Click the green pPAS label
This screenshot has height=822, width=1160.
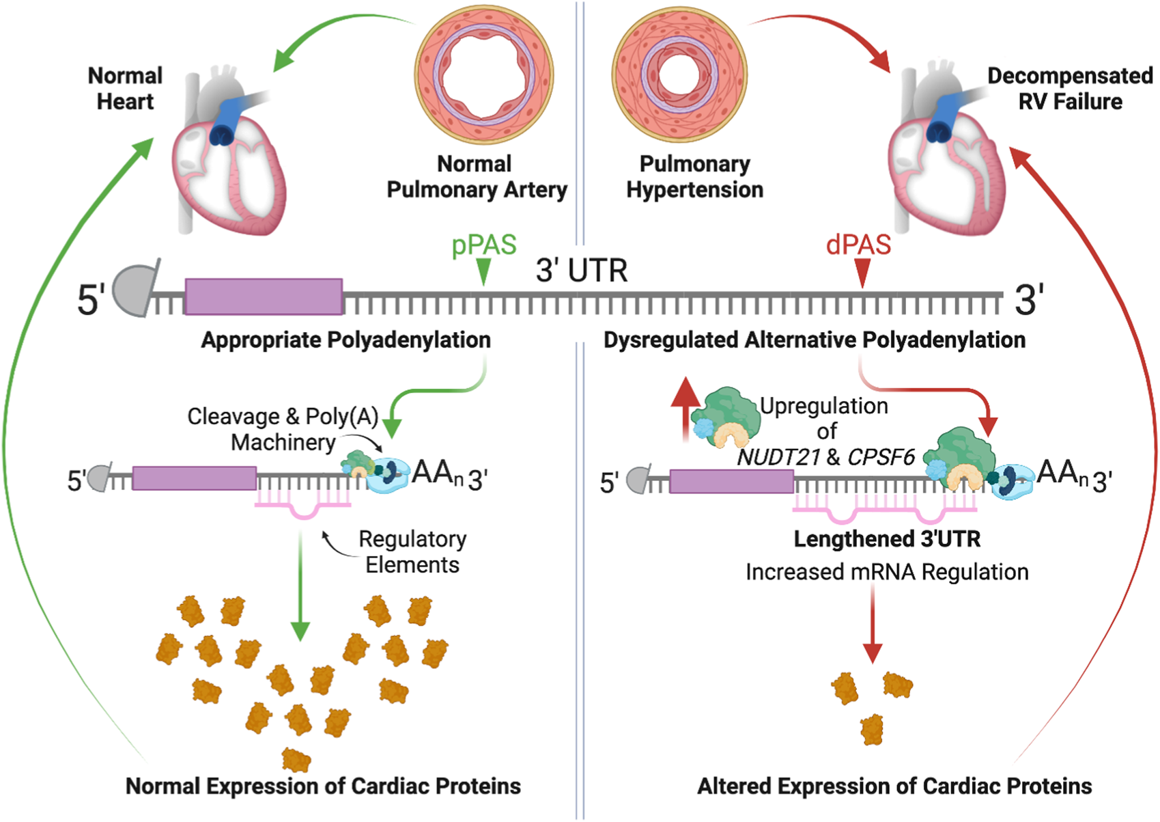coord(483,245)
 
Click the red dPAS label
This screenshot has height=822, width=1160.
coord(858,245)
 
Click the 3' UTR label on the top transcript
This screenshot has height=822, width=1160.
coord(581,271)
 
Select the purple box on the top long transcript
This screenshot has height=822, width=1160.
coord(264,297)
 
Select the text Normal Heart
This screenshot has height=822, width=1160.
coord(125,88)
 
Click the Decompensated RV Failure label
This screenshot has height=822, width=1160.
coord(1069,88)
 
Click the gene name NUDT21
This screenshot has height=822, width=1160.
coord(778,457)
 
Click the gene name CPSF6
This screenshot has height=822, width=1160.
coord(881,457)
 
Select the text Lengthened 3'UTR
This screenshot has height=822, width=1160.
coord(886,539)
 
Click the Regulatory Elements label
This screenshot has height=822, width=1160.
coord(412,551)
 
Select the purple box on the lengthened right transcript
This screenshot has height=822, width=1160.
coord(731,481)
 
